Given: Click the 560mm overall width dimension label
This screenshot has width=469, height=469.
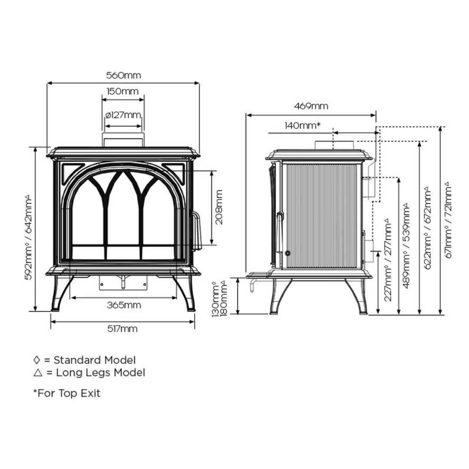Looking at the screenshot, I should pos(124,76).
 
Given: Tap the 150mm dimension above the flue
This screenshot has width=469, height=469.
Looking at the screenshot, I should pos(123,92).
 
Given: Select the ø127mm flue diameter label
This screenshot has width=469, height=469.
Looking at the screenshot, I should pos(123,115).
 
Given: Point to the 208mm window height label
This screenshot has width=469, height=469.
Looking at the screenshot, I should pos(219,207).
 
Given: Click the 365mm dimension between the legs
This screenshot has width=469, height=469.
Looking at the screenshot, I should pos(124,305).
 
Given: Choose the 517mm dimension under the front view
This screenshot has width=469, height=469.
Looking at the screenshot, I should pos(122,329).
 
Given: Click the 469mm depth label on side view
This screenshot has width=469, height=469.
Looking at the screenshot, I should pos(311,106).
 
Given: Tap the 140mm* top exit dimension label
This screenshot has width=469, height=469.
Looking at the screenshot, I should pos(303,126).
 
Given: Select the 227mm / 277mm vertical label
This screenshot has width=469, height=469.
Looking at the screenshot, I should pos(388,263).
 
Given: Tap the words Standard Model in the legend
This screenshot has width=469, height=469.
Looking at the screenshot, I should pos(95,360).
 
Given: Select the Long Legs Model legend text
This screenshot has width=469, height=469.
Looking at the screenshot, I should pos(100,373).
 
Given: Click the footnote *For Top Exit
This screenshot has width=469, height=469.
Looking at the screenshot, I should pos(67,393).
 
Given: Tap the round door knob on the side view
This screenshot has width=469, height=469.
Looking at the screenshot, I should pos(287,253).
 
